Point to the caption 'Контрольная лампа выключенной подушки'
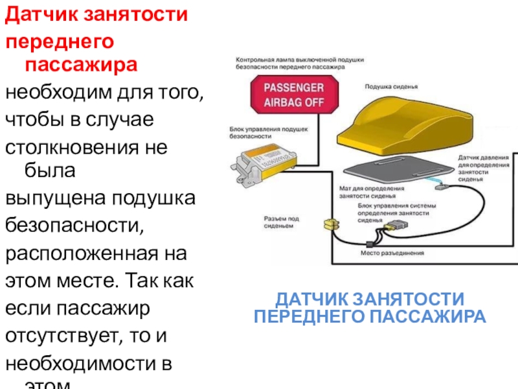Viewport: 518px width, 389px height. [300, 58]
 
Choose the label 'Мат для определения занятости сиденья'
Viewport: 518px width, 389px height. [372, 192]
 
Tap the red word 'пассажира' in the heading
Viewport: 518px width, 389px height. [81, 65]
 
